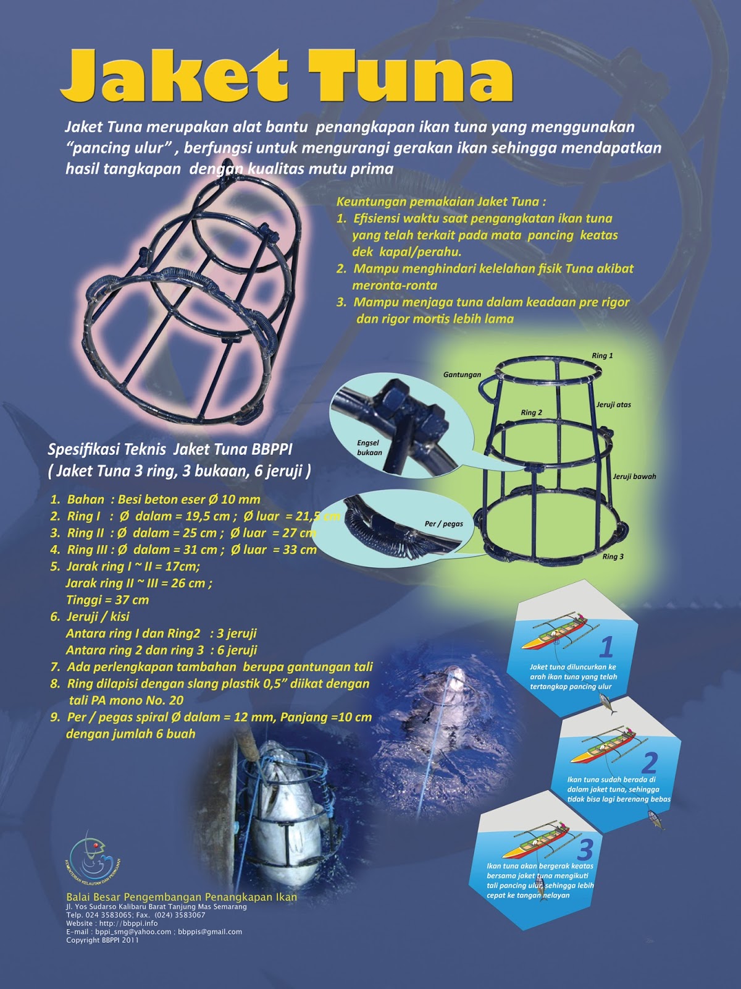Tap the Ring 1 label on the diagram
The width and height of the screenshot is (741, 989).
(x=603, y=355)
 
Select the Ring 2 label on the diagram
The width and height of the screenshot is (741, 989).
(x=531, y=412)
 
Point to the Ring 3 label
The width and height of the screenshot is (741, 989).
(x=613, y=556)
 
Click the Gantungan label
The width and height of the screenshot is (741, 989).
(x=462, y=375)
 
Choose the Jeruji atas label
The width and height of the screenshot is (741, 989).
(x=614, y=405)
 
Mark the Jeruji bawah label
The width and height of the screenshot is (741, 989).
(x=634, y=476)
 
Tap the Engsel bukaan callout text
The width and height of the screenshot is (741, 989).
(x=369, y=448)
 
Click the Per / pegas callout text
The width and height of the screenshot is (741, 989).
(x=443, y=524)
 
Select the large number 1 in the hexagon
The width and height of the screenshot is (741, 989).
(x=607, y=647)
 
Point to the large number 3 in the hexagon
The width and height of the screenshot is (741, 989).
(x=585, y=850)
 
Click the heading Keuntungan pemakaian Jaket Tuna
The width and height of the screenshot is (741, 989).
(x=442, y=202)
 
